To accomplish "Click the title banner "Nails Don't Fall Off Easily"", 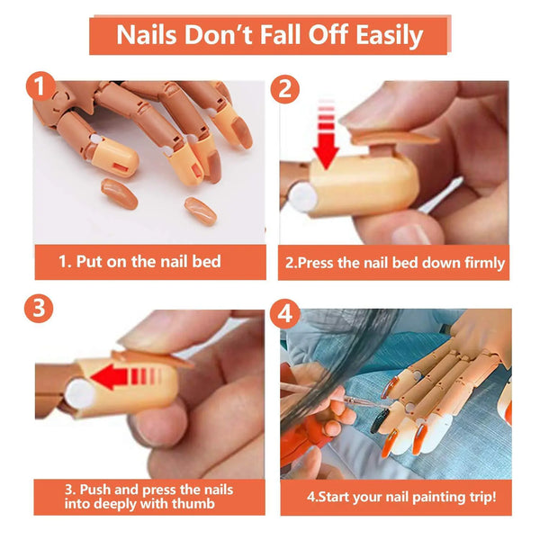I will [x=269, y=35].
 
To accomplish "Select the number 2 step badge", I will [x=285, y=87].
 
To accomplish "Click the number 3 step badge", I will [x=39, y=307].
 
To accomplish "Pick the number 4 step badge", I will [x=285, y=315].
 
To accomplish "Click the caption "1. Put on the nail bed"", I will [x=139, y=262].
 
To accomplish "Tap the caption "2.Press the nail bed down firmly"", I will [x=395, y=264].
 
